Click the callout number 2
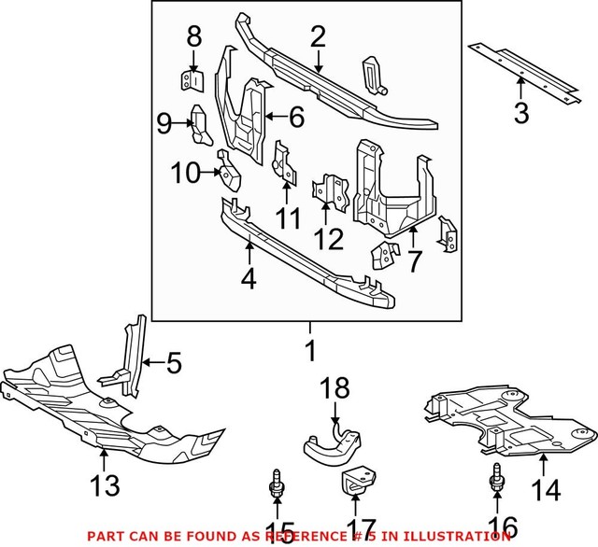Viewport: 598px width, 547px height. (318, 36)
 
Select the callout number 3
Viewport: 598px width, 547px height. (520, 115)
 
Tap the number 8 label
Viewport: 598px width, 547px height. (193, 37)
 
